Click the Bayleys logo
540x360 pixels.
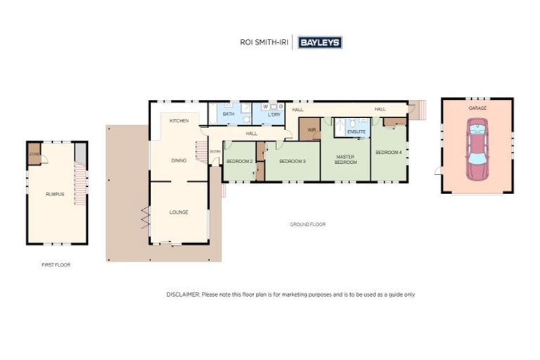point(320,42)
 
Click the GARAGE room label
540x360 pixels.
point(477,108)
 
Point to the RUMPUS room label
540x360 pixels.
point(55,193)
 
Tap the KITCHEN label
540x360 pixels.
point(179,121)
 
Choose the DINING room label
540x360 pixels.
point(179,160)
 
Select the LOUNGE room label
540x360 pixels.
point(179,212)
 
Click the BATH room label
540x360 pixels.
point(229,114)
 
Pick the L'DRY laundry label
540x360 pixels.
point(274,114)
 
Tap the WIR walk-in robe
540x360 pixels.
point(310,129)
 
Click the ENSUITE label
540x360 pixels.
point(356,130)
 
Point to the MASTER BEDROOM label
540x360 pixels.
point(345,160)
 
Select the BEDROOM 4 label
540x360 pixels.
point(388,153)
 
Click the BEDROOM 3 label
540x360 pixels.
point(292,162)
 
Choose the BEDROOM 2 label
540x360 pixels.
point(239,162)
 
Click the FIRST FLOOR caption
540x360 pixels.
point(56,265)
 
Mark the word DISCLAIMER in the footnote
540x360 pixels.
point(183,295)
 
